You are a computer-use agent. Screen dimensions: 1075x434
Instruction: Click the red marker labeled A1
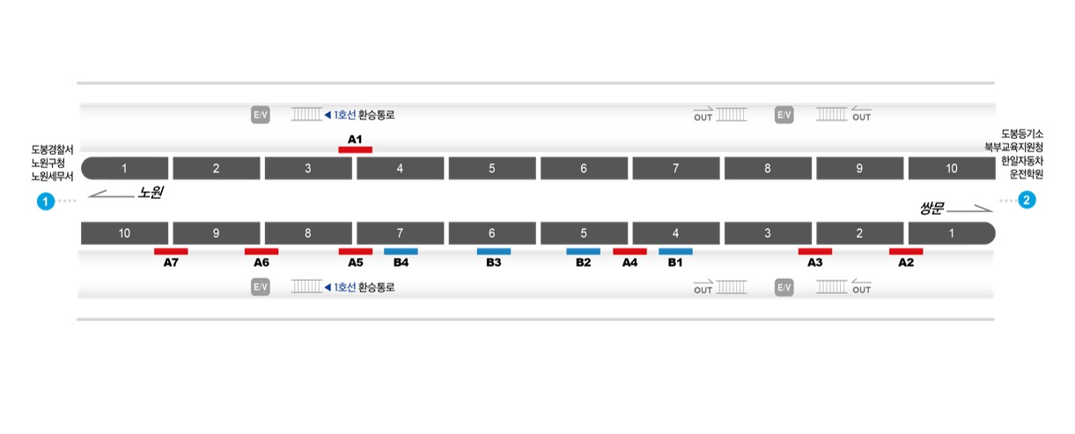(x=355, y=150)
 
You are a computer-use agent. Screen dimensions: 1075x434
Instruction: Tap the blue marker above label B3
(x=494, y=252)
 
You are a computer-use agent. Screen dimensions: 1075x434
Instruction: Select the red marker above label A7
(x=171, y=252)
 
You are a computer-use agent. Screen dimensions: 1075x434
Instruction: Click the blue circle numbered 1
(x=46, y=202)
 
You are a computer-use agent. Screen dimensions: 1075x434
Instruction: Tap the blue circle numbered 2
(x=1027, y=200)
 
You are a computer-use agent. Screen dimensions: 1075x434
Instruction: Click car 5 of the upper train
(x=492, y=168)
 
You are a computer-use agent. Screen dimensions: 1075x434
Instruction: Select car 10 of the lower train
(x=125, y=233)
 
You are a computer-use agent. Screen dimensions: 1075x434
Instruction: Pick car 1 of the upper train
(x=125, y=168)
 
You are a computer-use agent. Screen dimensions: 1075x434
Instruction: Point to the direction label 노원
(x=151, y=193)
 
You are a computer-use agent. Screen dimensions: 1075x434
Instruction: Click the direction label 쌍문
(x=932, y=208)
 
